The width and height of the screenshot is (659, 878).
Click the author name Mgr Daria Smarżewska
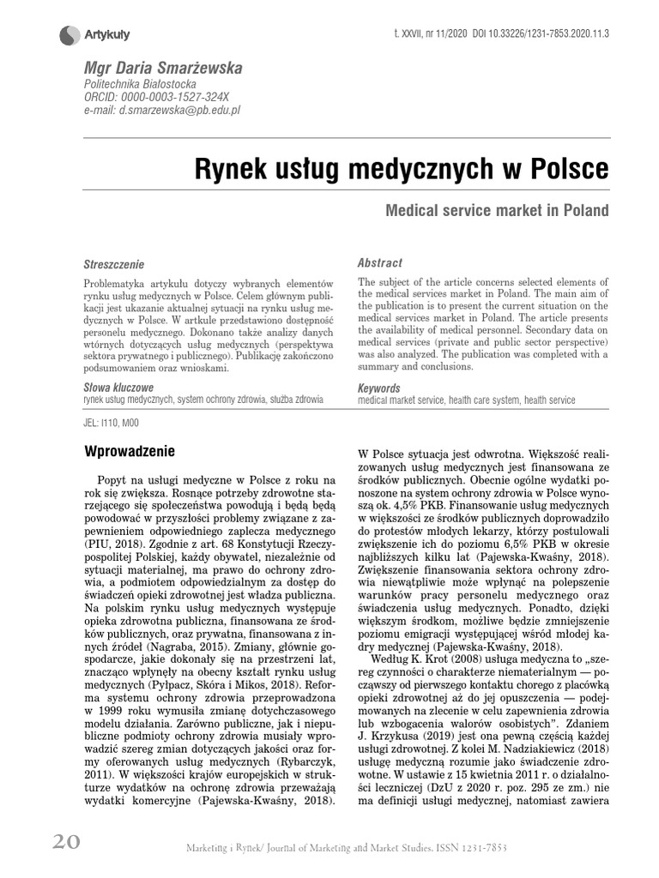[x=162, y=67]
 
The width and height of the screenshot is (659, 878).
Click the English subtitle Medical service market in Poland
[x=497, y=210]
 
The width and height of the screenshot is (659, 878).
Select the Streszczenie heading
[x=114, y=265]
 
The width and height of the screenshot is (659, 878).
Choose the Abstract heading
[x=379, y=263]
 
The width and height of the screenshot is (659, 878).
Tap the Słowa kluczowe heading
[x=118, y=388]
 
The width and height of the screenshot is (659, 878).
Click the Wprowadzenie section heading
[x=130, y=451]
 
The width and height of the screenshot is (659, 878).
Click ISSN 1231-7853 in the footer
[x=469, y=848]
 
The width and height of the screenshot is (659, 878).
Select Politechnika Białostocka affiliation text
[x=139, y=85]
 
